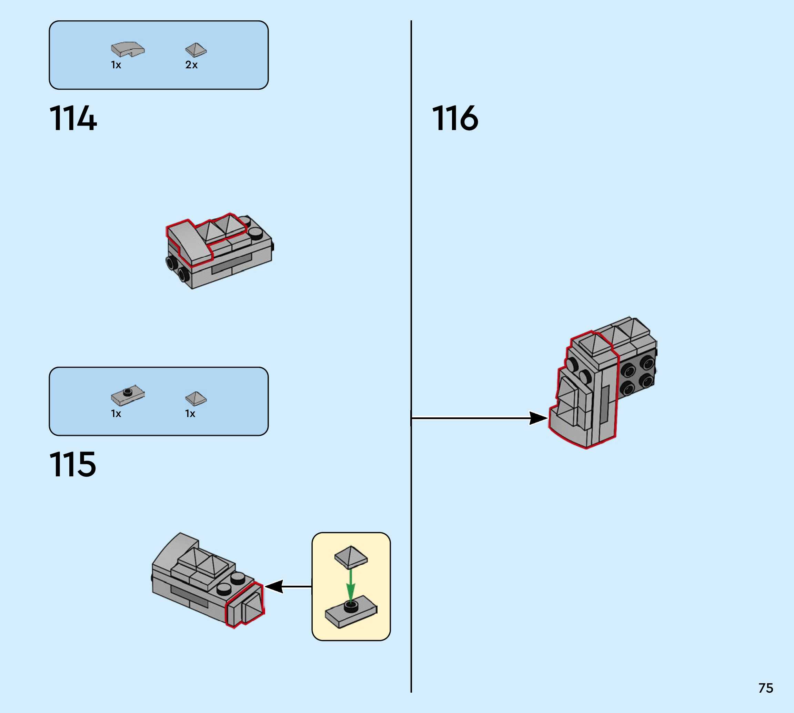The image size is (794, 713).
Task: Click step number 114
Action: coord(73,118)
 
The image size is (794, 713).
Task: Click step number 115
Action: coord(73,464)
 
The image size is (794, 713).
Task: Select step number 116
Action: coord(455,118)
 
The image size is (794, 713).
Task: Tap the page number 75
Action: coord(766,688)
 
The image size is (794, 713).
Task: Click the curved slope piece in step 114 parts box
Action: coord(128,49)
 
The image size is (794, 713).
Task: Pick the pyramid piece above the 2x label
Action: coord(196,50)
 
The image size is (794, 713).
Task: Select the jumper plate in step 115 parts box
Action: coord(128,395)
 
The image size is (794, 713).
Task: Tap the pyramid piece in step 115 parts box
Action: coord(196,398)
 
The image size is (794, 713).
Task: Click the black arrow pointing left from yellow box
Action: coord(288,586)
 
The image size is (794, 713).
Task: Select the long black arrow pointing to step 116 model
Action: coord(479,418)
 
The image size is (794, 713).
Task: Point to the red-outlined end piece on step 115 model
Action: coord(245,604)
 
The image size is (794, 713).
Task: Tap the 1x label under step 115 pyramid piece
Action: coord(190,413)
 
